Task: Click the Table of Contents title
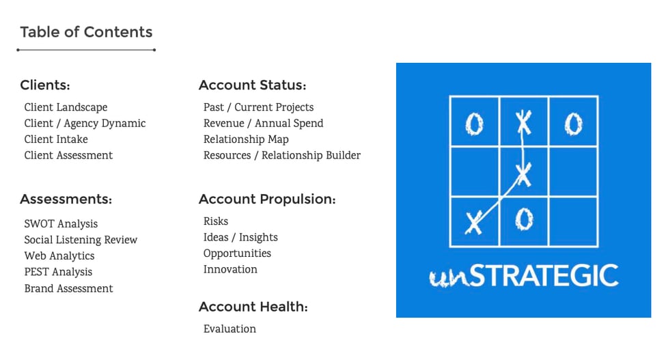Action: pyautogui.click(x=86, y=32)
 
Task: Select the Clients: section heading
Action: pyautogui.click(x=45, y=85)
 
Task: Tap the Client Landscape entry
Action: pyautogui.click(x=66, y=107)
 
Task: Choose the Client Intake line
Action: pyautogui.click(x=56, y=139)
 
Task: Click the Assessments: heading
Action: pyautogui.click(x=66, y=199)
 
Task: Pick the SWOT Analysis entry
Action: pyautogui.click(x=61, y=224)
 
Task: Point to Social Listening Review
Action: pyautogui.click(x=81, y=240)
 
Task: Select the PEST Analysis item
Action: pyautogui.click(x=58, y=272)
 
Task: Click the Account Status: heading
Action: pyautogui.click(x=252, y=85)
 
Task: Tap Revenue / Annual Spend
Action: pyautogui.click(x=264, y=123)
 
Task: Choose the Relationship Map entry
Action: pyautogui.click(x=246, y=139)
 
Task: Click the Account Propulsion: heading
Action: pyautogui.click(x=267, y=199)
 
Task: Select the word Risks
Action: pyautogui.click(x=216, y=221)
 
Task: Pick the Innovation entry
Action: pyautogui.click(x=230, y=270)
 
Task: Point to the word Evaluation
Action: pyautogui.click(x=230, y=329)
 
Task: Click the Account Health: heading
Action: pyautogui.click(x=253, y=307)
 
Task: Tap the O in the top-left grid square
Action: pyautogui.click(x=475, y=125)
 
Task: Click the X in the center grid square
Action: pyautogui.click(x=523, y=175)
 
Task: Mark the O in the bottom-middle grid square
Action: pyautogui.click(x=524, y=219)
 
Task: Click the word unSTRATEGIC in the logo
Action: pyautogui.click(x=524, y=276)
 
